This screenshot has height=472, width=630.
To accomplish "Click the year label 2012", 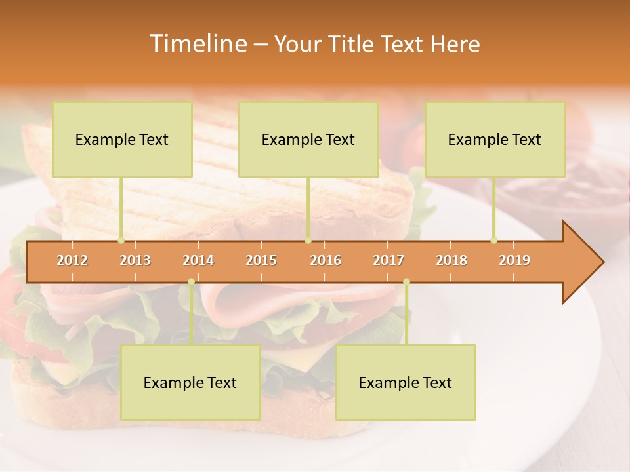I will (72, 260).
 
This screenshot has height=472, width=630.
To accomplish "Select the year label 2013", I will (135, 260).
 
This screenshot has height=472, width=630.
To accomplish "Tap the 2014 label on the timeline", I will (198, 260).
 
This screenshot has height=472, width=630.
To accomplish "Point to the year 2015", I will (261, 260).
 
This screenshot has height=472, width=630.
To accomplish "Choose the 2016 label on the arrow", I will (325, 260).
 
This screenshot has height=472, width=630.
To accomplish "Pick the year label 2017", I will (388, 260).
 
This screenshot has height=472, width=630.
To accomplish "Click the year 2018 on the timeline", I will (451, 260).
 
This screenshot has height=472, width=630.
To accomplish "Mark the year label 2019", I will (514, 260).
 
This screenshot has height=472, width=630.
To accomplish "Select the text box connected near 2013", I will (122, 139).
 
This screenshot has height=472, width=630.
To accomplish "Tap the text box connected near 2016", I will (308, 139).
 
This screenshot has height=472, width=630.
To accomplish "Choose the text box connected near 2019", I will (495, 139).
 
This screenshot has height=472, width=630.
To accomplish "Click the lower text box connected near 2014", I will (190, 382).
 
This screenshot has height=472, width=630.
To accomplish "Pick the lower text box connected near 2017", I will (406, 382).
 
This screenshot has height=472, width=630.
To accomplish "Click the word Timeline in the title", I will (197, 44).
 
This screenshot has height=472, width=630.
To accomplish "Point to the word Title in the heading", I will (354, 44).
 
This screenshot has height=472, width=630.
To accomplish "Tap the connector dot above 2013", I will (121, 241).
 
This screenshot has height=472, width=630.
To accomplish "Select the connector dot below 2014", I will (191, 282).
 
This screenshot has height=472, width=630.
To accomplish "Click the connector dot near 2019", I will (493, 241).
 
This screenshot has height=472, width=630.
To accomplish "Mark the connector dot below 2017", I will (406, 282).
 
